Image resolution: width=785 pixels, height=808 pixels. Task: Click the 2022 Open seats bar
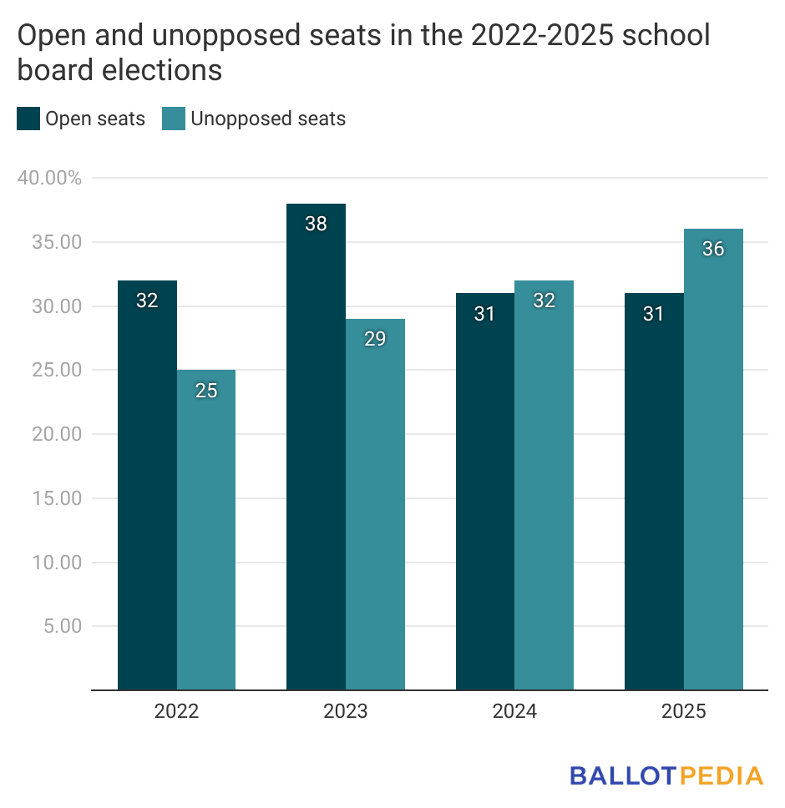(x=147, y=485)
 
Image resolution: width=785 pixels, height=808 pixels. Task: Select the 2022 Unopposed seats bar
(x=206, y=530)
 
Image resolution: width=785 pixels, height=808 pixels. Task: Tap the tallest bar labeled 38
(x=316, y=447)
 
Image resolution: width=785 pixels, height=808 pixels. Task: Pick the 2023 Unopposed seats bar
(x=375, y=504)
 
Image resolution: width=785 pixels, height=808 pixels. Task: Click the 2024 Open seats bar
(x=485, y=492)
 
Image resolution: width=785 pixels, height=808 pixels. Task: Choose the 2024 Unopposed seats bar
(x=544, y=485)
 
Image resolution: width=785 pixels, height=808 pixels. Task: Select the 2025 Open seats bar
(x=654, y=492)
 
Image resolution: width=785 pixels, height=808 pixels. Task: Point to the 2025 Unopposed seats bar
(x=713, y=459)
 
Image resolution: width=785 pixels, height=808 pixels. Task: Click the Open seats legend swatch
(x=28, y=119)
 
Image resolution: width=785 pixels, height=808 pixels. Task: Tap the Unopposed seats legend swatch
(x=174, y=119)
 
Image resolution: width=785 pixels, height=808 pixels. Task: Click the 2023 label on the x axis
(x=345, y=712)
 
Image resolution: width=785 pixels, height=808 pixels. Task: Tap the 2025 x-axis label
(x=683, y=712)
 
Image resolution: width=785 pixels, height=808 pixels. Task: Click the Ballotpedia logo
(x=666, y=775)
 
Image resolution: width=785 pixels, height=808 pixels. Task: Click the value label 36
(x=713, y=249)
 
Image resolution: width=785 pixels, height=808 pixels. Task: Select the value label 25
(x=206, y=390)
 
